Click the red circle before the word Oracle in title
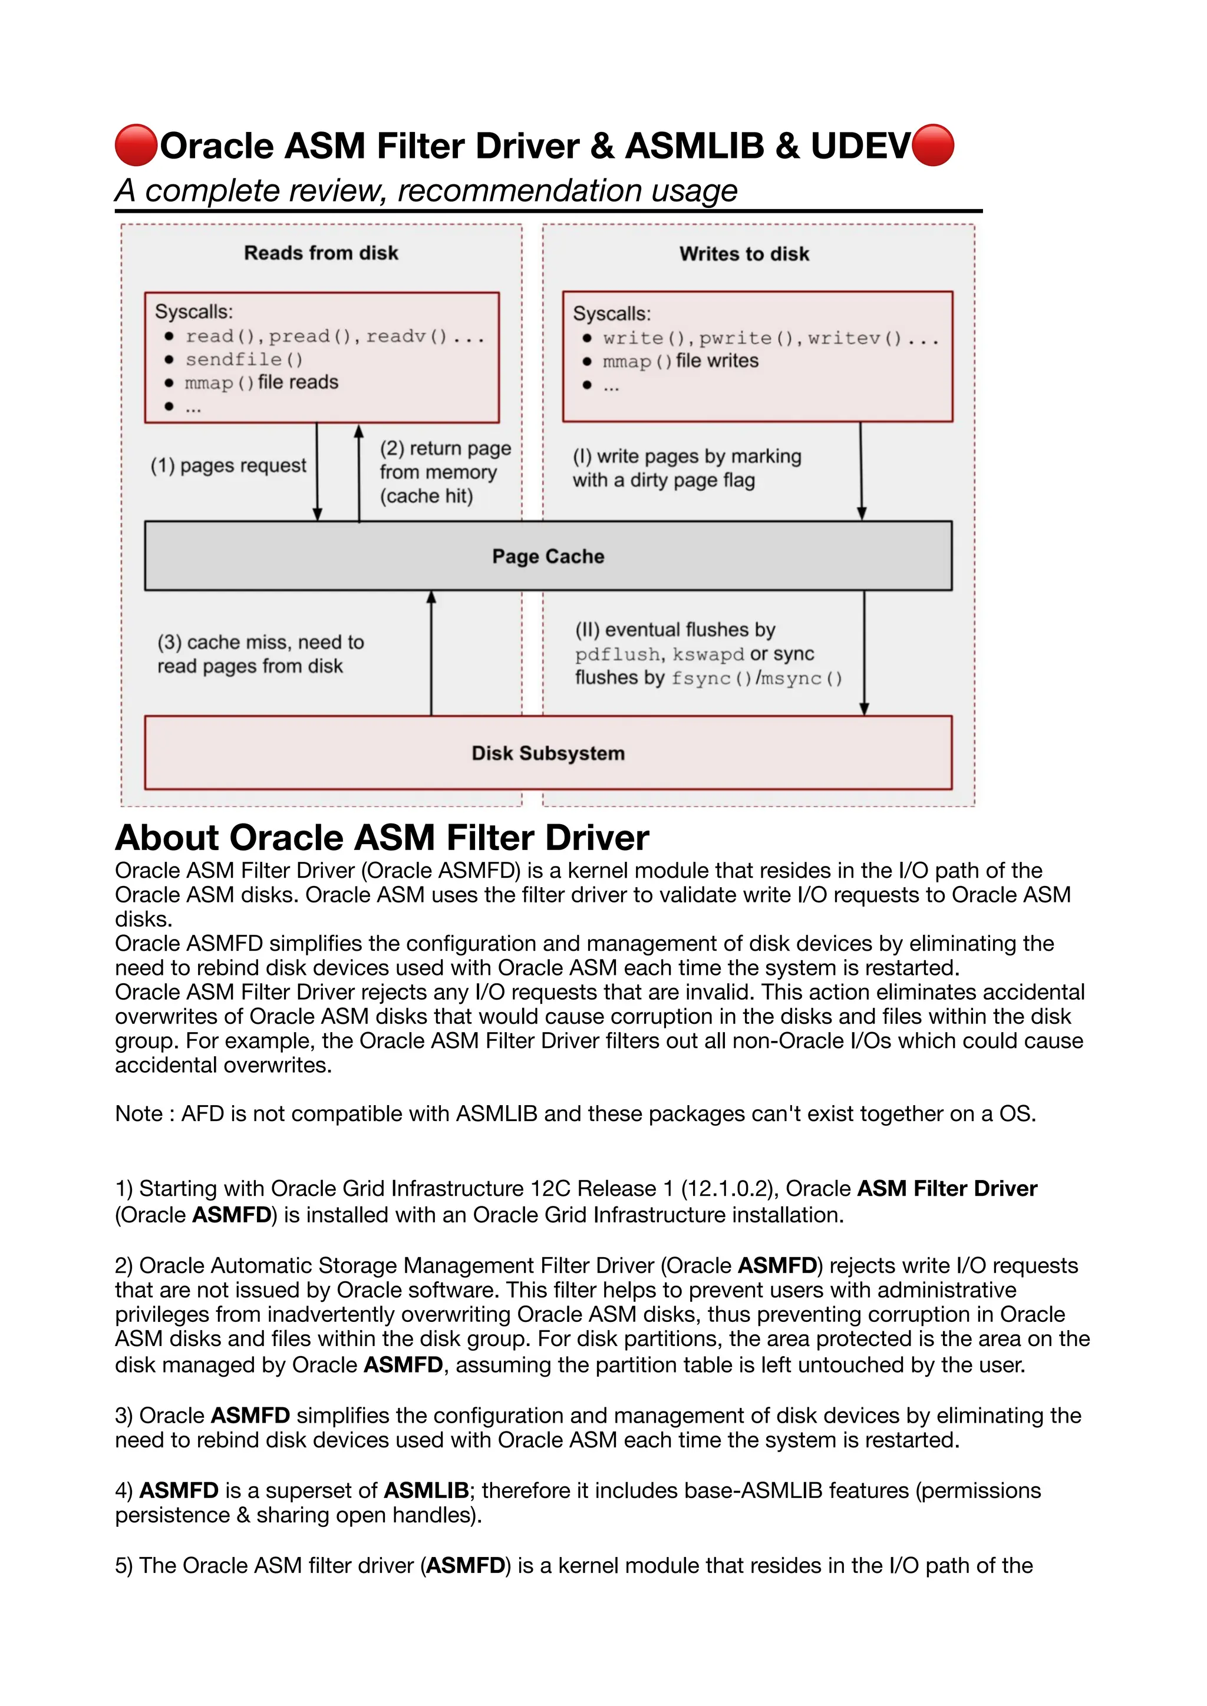136,146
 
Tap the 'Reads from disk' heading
321,253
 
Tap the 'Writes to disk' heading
744,254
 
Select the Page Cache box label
548,557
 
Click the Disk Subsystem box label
548,753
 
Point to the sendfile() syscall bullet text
244,359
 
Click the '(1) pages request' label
228,466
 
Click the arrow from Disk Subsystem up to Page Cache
431,654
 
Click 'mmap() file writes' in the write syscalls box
680,361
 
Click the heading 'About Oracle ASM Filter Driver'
382,838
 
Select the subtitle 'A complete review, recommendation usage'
426,191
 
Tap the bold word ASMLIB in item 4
426,1490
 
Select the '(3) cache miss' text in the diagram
260,643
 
